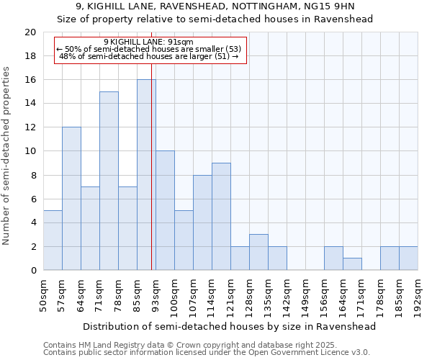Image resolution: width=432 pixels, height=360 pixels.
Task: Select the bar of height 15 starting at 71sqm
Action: (x=109, y=181)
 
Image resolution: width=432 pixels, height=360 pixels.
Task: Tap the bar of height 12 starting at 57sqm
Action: (x=71, y=199)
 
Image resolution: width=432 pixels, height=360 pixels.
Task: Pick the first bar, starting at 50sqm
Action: (x=53, y=240)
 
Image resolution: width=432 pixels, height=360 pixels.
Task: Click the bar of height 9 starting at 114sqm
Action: (x=221, y=217)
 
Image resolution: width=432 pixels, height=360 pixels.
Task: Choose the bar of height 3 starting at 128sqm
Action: (x=258, y=252)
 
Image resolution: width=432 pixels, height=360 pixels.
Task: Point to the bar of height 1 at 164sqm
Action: (x=352, y=264)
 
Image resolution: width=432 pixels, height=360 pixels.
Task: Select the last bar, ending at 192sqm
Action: (x=408, y=258)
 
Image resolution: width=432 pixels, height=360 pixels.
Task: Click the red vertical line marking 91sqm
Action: (x=152, y=216)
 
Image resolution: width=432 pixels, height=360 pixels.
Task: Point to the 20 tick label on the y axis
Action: (x=30, y=32)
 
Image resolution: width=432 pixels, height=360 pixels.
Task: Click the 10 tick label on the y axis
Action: (x=30, y=151)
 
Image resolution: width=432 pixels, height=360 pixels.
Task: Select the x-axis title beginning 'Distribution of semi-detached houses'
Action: (x=230, y=326)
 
